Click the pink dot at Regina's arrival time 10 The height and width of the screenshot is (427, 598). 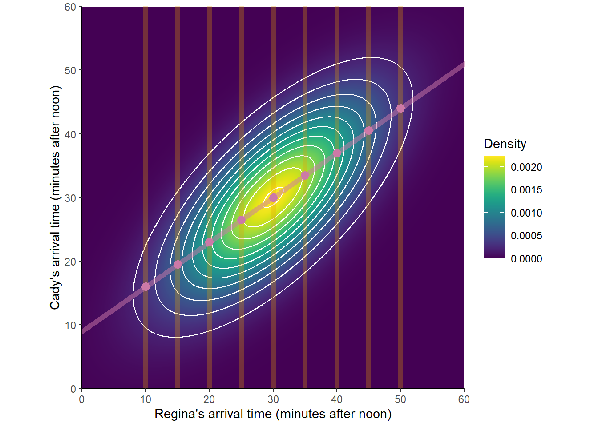pos(145,286)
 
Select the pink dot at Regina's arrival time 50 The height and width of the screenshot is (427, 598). pos(400,109)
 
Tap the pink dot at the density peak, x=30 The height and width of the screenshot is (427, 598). pos(273,197)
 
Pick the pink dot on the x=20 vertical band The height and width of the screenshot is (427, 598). pos(209,242)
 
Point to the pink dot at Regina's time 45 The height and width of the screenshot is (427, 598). pos(368,131)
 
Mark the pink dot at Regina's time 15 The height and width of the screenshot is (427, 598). pos(178,265)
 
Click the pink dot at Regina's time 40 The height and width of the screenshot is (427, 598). pos(337,153)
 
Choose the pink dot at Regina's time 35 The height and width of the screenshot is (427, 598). pos(305,176)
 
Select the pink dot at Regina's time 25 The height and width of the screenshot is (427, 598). pos(241,220)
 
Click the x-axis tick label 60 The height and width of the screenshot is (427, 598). pos(464,399)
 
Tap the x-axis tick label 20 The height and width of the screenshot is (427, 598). pos(209,399)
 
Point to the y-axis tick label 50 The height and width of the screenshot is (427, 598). pos(70,70)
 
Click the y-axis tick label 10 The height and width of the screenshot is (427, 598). pos(70,325)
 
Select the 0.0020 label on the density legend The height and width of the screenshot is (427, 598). pos(526,167)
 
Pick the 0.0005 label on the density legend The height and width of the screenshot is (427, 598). pos(526,236)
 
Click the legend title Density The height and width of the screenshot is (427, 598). pos(505,144)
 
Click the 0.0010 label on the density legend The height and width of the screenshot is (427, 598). pos(526,213)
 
